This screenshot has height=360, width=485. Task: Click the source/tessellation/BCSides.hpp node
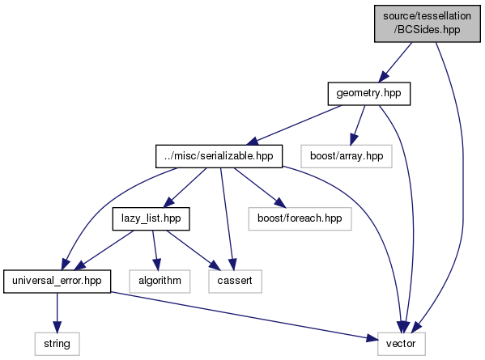click(428, 23)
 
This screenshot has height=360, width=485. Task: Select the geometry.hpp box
click(369, 94)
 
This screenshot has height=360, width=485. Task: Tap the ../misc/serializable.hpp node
click(219, 156)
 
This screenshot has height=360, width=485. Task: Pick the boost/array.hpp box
click(347, 156)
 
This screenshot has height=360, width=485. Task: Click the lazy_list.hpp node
click(151, 218)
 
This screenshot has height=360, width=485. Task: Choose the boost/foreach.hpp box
click(300, 218)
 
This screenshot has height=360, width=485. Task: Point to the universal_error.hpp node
click(57, 282)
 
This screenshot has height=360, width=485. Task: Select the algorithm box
click(160, 282)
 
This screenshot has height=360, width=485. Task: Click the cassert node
click(235, 282)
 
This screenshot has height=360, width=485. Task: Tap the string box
click(57, 344)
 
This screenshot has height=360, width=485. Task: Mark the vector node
click(401, 344)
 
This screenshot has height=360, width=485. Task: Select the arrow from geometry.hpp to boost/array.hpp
click(358, 125)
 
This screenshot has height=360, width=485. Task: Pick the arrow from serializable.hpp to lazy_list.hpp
click(185, 188)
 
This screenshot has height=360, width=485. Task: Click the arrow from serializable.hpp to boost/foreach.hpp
click(260, 188)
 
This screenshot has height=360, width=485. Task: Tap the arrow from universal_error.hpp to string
click(57, 313)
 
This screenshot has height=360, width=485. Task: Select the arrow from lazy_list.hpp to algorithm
click(155, 250)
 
